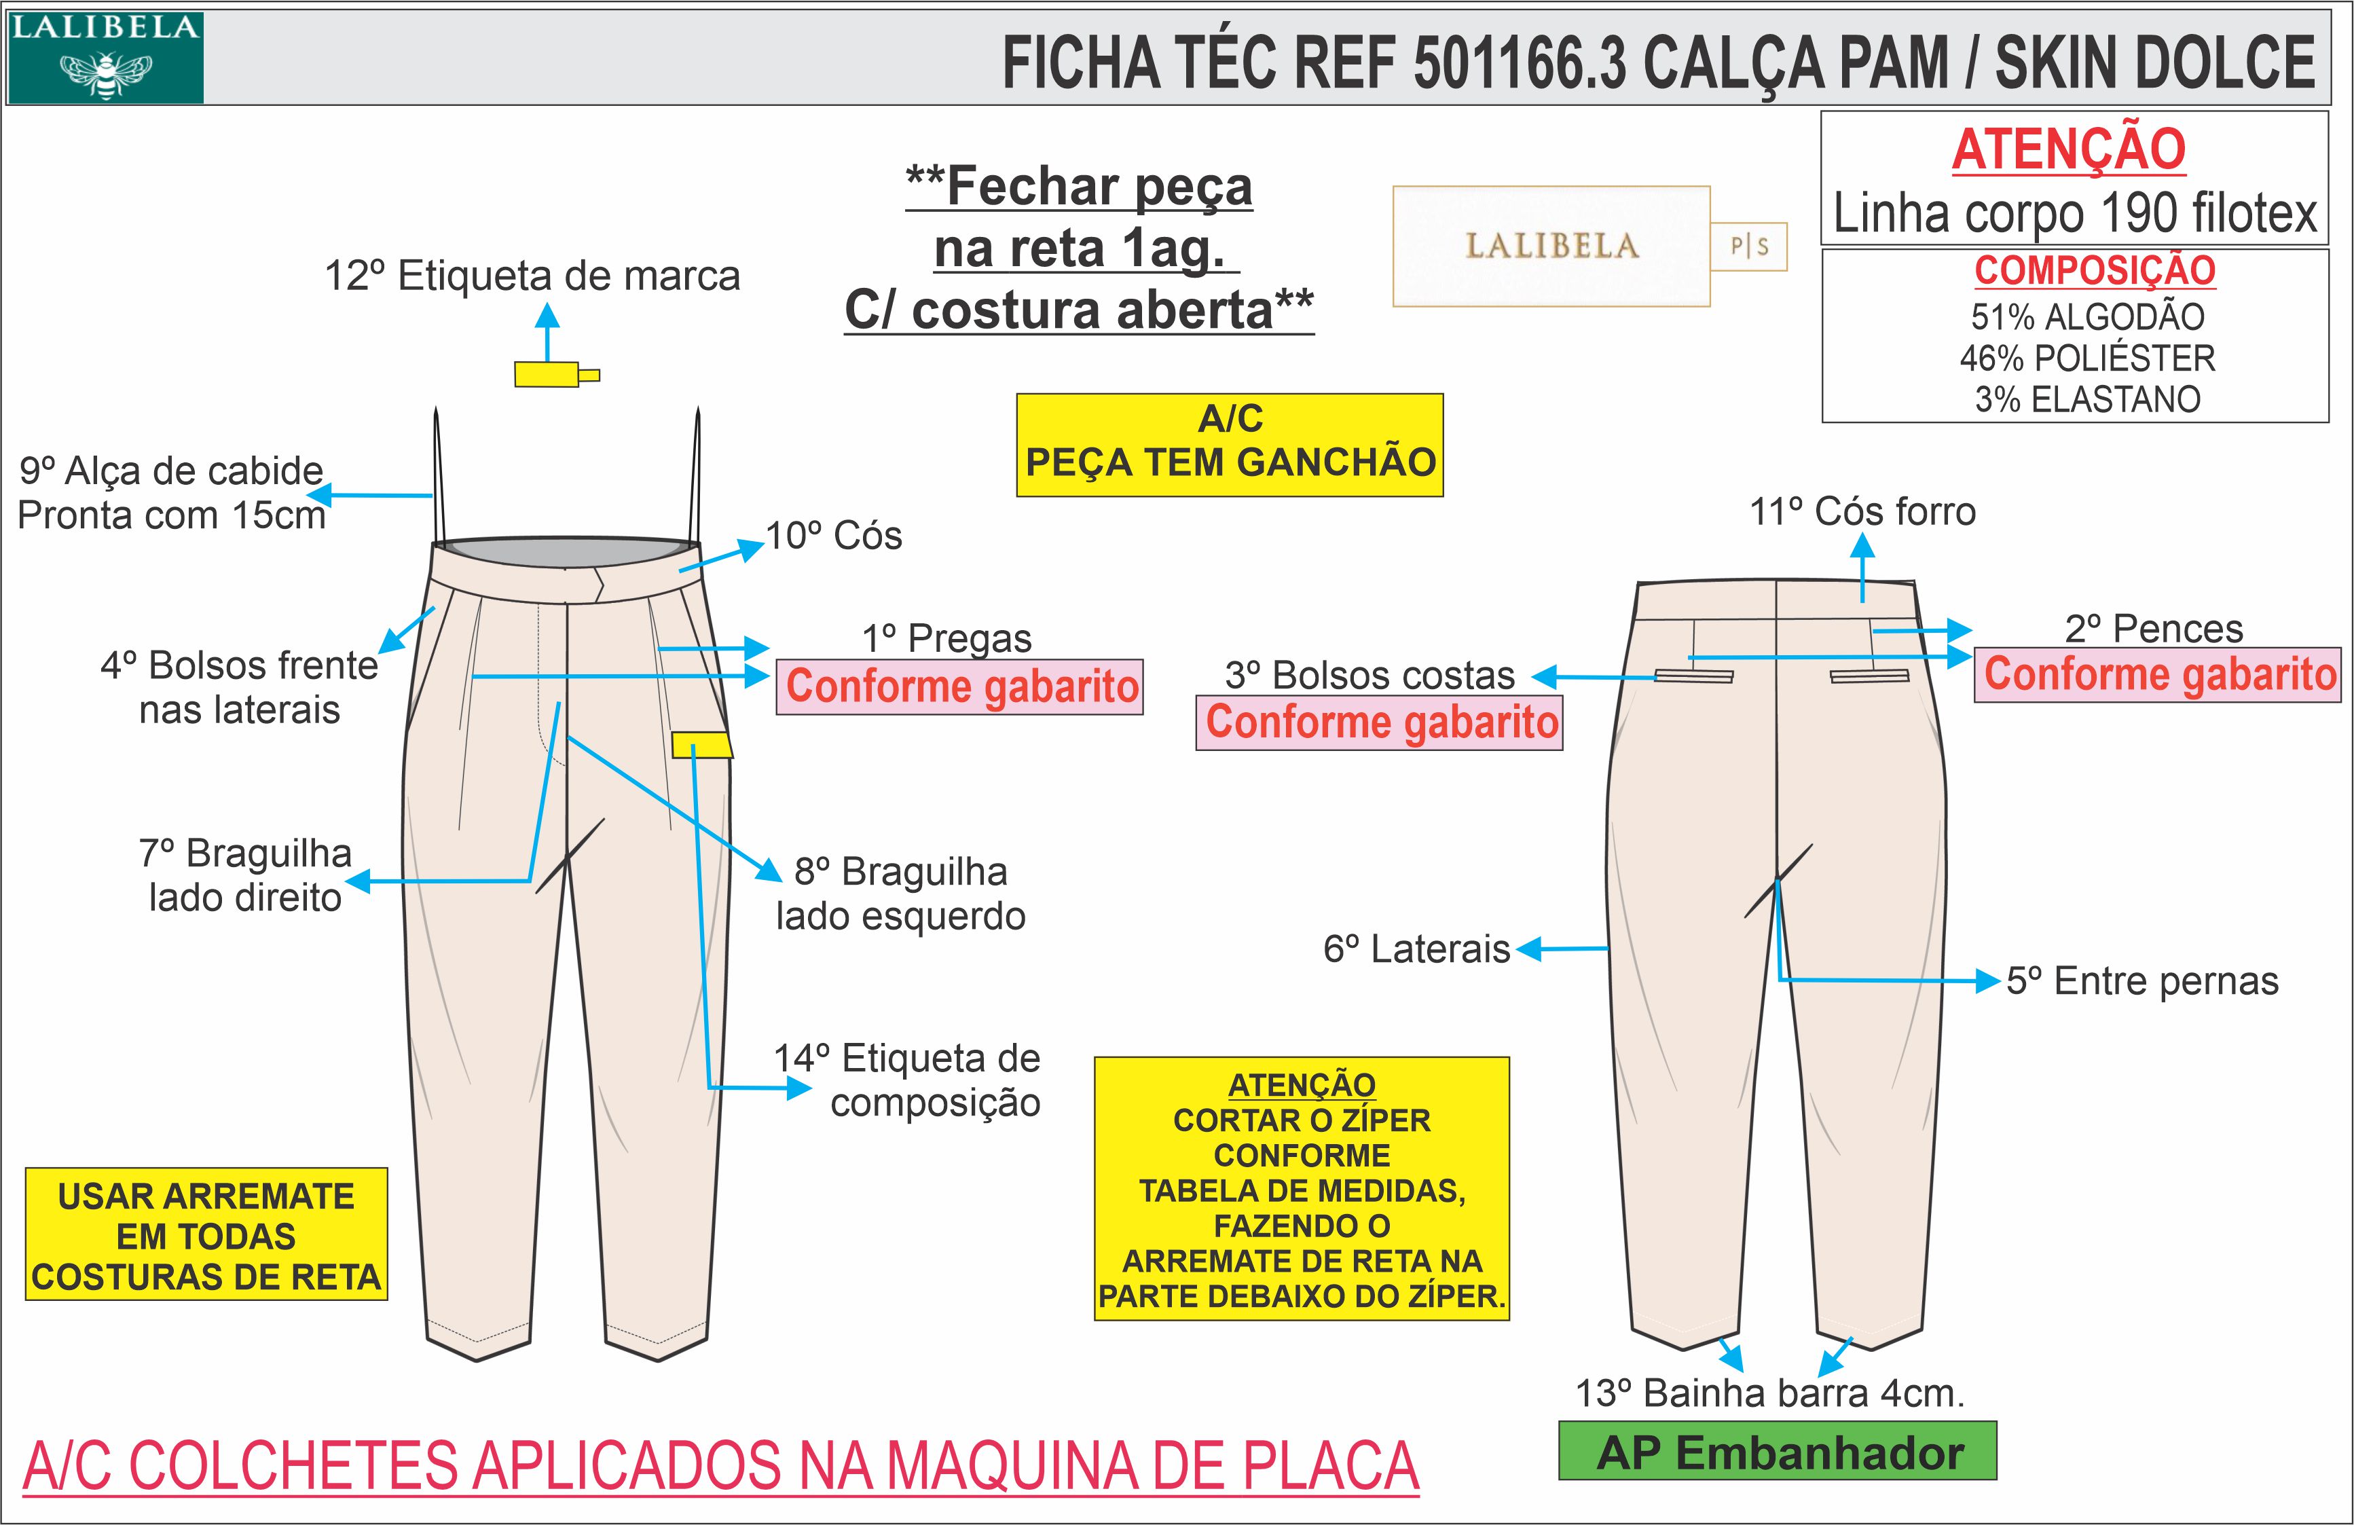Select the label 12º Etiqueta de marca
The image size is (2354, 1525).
(532, 276)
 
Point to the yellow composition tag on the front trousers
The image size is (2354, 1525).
(701, 745)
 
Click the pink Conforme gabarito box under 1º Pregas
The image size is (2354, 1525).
(959, 686)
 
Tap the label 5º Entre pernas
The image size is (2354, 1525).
(2142, 981)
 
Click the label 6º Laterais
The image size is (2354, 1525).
(1416, 949)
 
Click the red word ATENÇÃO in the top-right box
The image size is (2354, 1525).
(2068, 149)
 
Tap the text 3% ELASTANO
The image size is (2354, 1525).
(2087, 399)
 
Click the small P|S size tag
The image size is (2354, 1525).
(1748, 246)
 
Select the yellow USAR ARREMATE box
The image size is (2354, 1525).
(206, 1235)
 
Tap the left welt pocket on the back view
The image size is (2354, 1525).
(1693, 676)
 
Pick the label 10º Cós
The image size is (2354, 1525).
(834, 536)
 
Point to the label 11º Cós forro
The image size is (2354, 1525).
(1862, 512)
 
